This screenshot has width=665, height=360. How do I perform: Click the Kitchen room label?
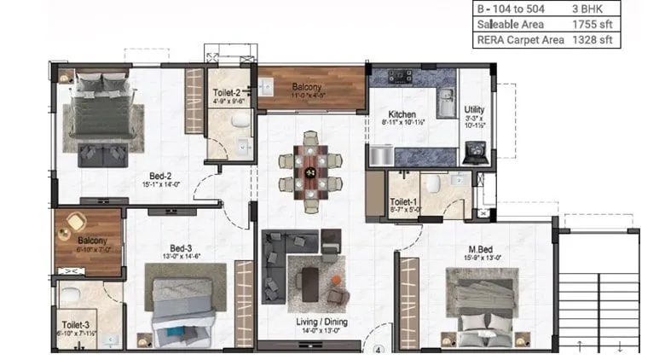[402, 113]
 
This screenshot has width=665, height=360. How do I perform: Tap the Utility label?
[474, 110]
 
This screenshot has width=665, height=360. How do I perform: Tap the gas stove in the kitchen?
[399, 77]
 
